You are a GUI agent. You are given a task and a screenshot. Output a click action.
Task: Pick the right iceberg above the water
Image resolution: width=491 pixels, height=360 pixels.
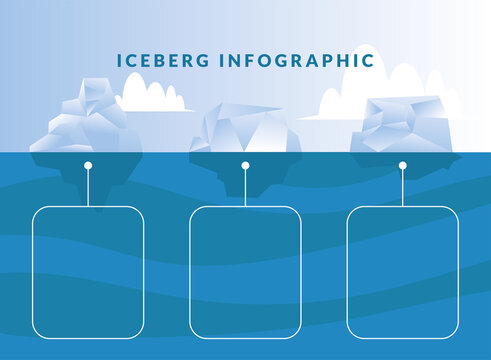click(402, 124)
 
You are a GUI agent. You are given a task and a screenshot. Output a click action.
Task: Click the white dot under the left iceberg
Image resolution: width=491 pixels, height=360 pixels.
click(88, 165)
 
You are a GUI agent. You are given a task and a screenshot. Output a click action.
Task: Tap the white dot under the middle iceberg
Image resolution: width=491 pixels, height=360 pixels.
click(245, 165)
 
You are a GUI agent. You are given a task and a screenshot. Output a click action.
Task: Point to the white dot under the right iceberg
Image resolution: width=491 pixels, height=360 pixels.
click(403, 165)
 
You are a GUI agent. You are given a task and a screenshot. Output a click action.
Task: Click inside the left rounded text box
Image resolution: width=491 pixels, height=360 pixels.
click(88, 271)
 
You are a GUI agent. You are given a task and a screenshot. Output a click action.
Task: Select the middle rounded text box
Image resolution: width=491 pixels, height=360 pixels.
click(245, 271)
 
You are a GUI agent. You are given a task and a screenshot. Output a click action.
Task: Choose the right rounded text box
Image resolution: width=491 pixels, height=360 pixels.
click(403, 271)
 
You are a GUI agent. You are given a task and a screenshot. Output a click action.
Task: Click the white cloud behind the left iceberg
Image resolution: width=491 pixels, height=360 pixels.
click(155, 96)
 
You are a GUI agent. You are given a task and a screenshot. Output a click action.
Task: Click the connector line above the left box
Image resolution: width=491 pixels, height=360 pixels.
click(88, 188)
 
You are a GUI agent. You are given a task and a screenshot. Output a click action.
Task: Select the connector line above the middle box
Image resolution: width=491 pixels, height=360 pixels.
click(245, 188)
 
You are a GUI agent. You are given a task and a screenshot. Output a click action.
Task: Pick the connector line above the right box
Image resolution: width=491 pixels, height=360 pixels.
click(403, 188)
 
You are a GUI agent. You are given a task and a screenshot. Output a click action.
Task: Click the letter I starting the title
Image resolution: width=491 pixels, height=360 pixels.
click(119, 60)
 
